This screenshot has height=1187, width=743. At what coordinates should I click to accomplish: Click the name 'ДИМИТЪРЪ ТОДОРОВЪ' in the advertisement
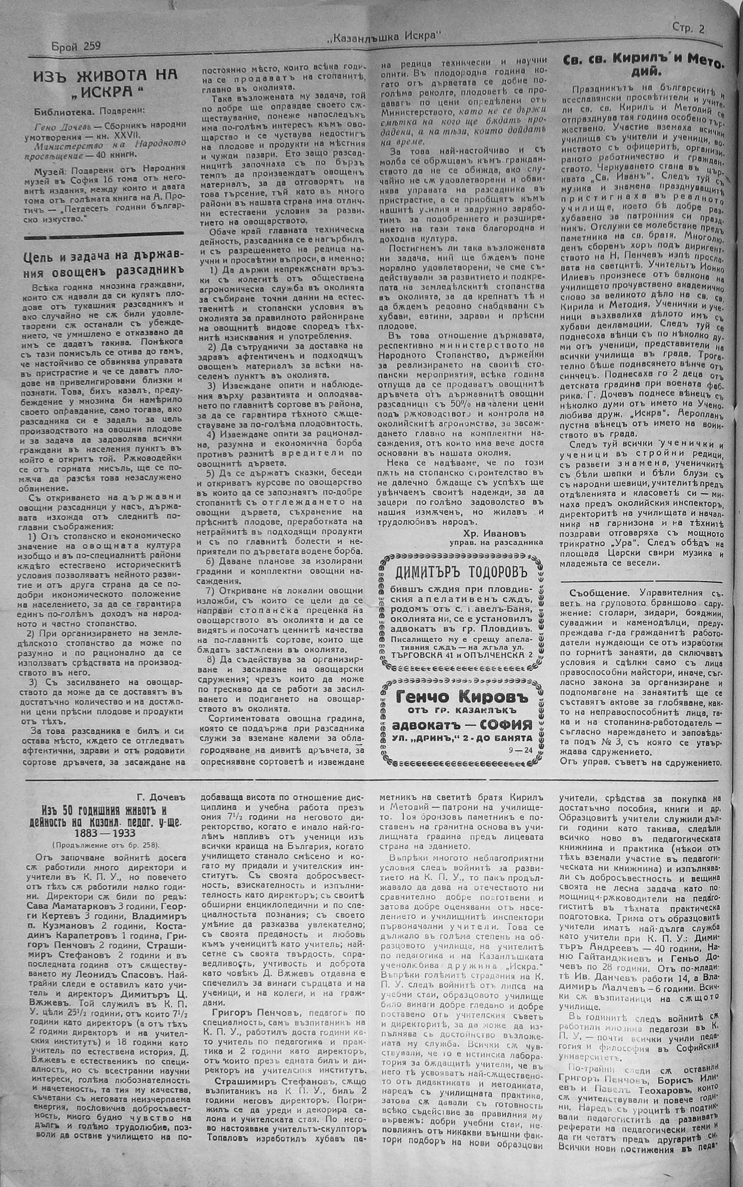pos(460,573)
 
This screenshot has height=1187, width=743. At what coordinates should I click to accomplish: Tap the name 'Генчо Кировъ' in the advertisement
pos(460,698)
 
